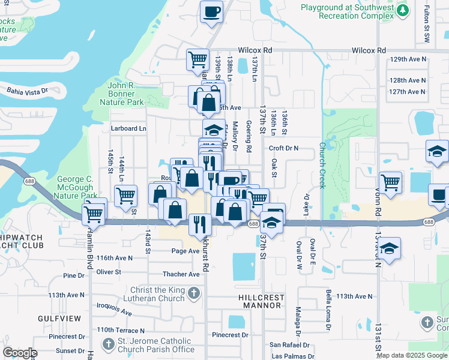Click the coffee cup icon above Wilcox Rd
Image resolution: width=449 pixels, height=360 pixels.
(x=211, y=12)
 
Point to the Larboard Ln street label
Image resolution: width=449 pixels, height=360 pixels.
(x=128, y=128)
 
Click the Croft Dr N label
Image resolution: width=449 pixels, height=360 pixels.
(x=283, y=148)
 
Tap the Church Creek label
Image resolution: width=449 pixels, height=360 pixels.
(x=322, y=165)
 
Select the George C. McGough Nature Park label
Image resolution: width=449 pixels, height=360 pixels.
(x=77, y=187)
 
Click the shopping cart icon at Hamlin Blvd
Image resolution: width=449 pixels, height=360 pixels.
(x=94, y=213)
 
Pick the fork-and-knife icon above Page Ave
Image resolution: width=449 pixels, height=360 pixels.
(x=200, y=224)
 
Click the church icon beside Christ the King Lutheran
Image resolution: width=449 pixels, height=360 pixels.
(x=193, y=293)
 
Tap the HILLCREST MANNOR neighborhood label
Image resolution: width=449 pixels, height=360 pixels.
(x=262, y=301)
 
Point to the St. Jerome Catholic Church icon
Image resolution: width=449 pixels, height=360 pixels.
(x=108, y=344)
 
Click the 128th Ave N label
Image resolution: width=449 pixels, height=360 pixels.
(x=407, y=80)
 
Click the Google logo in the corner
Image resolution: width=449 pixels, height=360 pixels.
(x=20, y=353)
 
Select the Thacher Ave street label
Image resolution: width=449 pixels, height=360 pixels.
(x=181, y=274)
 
